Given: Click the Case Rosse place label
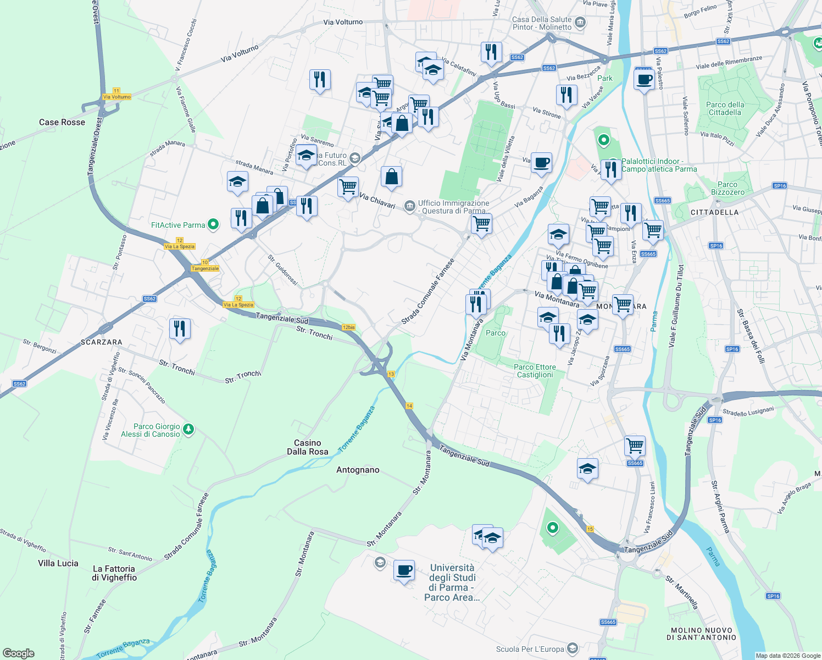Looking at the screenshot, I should (x=62, y=122).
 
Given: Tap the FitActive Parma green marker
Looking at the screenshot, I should (x=214, y=224).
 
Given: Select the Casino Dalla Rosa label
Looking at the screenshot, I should (x=308, y=447).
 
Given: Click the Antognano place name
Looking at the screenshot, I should (x=358, y=470).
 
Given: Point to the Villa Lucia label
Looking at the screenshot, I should (x=58, y=563).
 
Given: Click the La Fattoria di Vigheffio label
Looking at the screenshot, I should (x=114, y=573).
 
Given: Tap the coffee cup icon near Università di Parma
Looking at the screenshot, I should (x=404, y=570).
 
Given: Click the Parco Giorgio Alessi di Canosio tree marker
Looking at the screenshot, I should (x=188, y=429).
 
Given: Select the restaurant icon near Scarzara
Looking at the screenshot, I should (x=180, y=329).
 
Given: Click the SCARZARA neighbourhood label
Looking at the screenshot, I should (x=102, y=342).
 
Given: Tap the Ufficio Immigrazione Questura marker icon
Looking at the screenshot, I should (x=409, y=206).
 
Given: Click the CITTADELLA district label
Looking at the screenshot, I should (x=714, y=212).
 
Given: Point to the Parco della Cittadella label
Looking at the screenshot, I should (x=725, y=108).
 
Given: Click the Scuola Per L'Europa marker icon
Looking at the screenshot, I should (x=573, y=648).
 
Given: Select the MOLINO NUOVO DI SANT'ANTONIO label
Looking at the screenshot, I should (x=701, y=634).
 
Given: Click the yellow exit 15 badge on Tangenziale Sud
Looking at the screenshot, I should (x=590, y=529).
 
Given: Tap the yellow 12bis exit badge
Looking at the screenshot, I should (x=348, y=327).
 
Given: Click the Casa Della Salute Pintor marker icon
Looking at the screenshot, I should (x=580, y=23).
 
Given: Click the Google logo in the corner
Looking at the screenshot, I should (x=19, y=653).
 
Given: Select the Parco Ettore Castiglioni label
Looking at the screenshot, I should (x=535, y=371).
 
